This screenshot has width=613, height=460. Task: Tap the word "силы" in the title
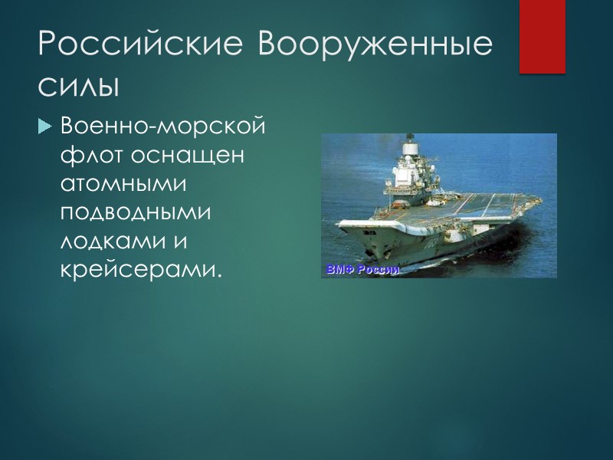79,85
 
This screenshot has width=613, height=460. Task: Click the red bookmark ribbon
542,36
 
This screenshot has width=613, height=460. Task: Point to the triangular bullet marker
44,125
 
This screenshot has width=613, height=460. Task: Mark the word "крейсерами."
140,271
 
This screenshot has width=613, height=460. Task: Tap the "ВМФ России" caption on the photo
362,269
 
